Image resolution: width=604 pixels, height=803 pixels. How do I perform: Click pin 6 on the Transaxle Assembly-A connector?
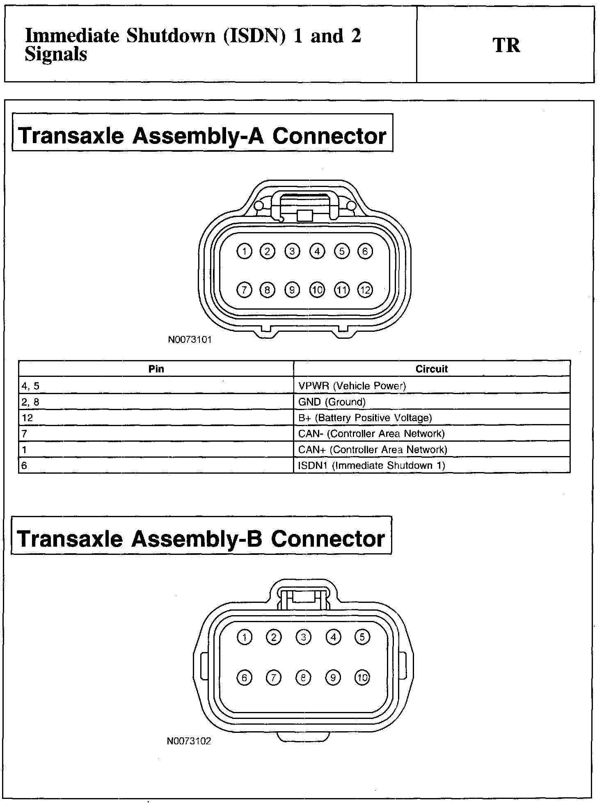click(x=365, y=251)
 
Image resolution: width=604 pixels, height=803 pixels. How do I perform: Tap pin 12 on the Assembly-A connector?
click(x=365, y=290)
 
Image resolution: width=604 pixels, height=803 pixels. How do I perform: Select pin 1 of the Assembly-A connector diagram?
click(x=245, y=251)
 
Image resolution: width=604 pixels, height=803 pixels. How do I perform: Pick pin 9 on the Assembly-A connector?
click(x=292, y=290)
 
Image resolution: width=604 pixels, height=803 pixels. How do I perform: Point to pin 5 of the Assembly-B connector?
click(x=362, y=637)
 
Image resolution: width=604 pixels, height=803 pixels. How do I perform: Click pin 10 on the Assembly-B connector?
click(x=362, y=678)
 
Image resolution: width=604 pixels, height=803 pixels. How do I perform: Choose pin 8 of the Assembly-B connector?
click(x=303, y=678)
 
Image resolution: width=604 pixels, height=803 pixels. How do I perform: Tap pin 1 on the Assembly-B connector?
click(x=245, y=637)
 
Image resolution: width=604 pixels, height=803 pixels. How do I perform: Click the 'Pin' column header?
click(x=156, y=369)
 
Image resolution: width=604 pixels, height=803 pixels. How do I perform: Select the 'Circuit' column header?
click(x=432, y=369)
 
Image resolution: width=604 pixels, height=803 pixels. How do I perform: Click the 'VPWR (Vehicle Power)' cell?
click(x=352, y=386)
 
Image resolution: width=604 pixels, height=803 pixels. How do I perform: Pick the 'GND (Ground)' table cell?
click(x=332, y=402)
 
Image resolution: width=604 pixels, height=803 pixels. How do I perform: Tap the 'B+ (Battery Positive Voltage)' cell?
click(x=365, y=418)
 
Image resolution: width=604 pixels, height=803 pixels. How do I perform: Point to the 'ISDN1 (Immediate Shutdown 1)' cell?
click(x=372, y=465)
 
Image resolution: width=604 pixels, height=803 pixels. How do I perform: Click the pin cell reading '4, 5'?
click(x=31, y=386)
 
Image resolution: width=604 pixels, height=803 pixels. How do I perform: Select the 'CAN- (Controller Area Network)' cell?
click(x=371, y=433)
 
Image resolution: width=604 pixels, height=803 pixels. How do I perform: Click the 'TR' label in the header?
click(x=506, y=45)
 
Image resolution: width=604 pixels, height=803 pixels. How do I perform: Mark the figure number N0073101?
click(x=190, y=340)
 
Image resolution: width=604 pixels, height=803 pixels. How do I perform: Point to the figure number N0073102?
click(x=189, y=741)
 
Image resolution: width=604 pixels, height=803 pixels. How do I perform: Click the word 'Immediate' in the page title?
click(x=72, y=36)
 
